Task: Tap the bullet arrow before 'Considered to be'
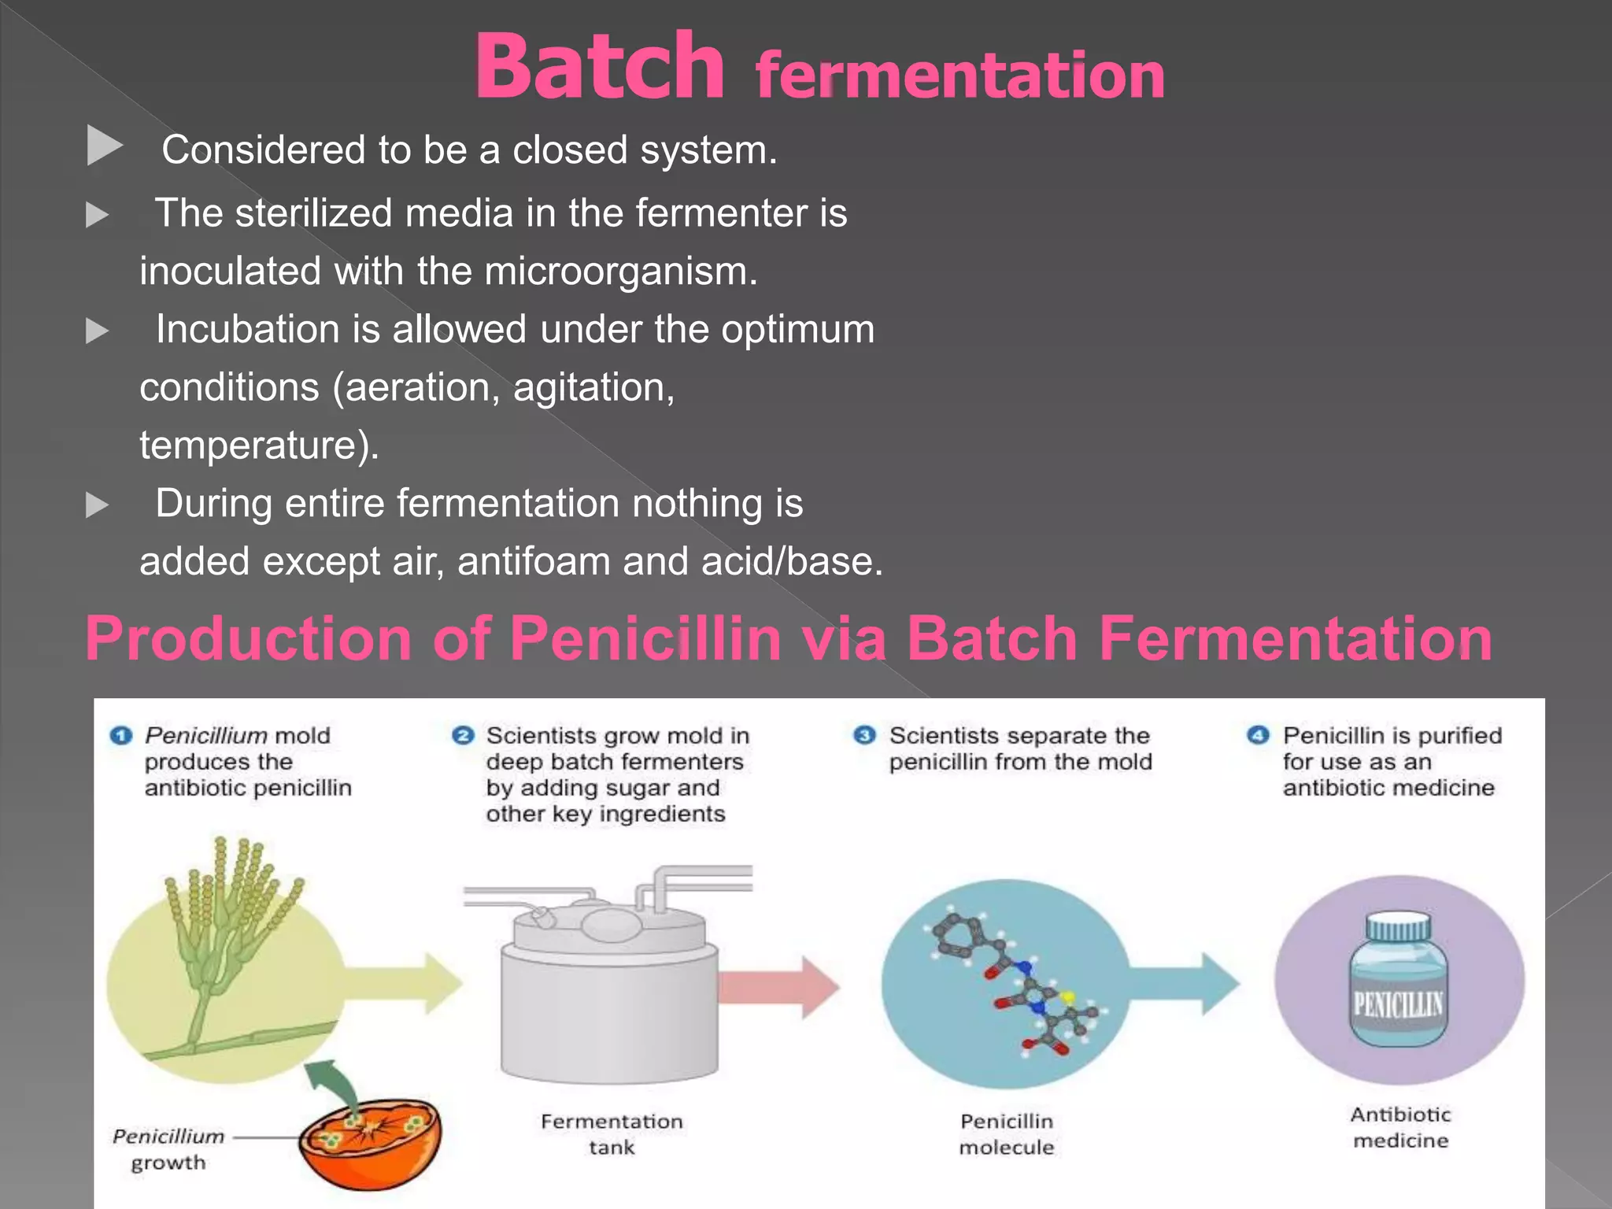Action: (104, 146)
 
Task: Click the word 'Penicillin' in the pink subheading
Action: (645, 638)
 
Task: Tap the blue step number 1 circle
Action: (120, 736)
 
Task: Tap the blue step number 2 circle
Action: (463, 736)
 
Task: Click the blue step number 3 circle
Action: (864, 736)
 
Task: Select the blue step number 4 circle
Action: (1258, 736)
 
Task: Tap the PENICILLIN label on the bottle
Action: (1399, 1004)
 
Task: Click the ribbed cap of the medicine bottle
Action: (1399, 928)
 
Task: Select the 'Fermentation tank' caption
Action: (612, 1134)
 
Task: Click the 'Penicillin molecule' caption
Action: (1007, 1134)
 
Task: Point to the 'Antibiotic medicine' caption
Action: (1400, 1127)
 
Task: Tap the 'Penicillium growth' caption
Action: (168, 1149)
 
